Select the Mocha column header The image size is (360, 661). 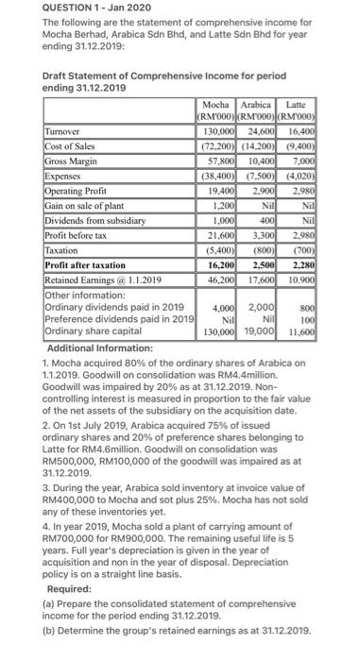click(219, 129)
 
